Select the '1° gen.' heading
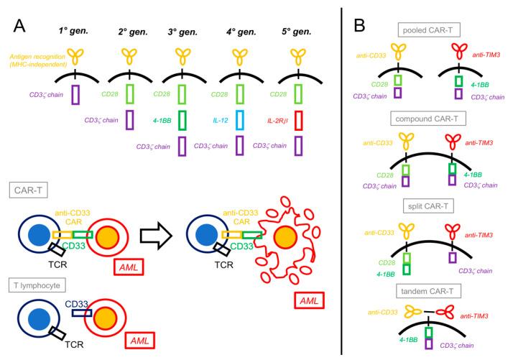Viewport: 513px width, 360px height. point(74,33)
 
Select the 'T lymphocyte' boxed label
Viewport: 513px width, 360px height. point(37,285)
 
